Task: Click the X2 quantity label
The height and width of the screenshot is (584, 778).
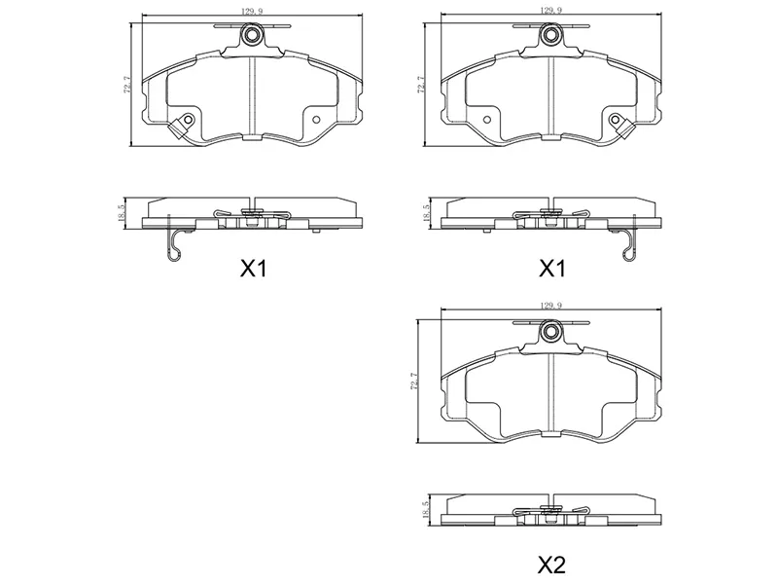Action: coord(551,565)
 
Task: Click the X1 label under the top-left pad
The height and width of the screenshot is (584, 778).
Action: coord(254,270)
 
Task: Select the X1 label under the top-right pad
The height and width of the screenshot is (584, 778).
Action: coord(552,270)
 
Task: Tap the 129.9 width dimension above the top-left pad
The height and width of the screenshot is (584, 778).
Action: coord(253,11)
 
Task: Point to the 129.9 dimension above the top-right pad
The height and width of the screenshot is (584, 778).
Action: coord(551,11)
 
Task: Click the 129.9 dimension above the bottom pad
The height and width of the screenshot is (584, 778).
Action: coord(551,307)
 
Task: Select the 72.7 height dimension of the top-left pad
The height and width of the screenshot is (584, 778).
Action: coord(126,85)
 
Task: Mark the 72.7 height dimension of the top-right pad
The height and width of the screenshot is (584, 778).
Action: coord(421,85)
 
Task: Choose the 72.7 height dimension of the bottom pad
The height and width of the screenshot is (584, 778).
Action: coord(415,382)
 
